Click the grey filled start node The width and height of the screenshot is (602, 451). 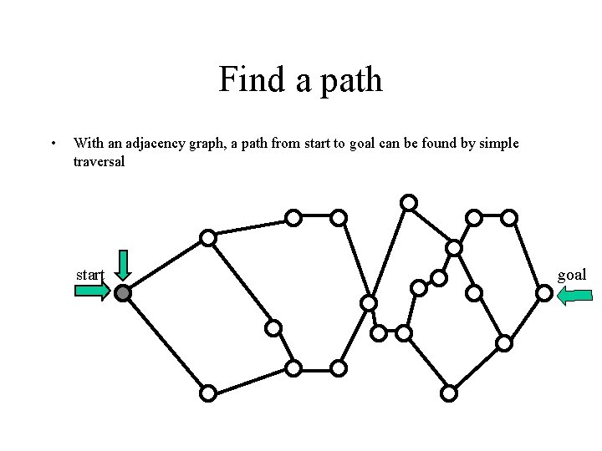click(123, 293)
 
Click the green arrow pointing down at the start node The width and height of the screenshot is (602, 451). click(123, 265)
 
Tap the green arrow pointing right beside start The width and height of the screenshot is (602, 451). click(92, 291)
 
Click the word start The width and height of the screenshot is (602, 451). click(89, 274)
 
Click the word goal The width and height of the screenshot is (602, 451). click(572, 274)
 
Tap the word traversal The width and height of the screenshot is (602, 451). click(99, 161)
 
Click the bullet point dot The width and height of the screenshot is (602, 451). click(54, 144)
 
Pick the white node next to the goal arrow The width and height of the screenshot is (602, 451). click(543, 293)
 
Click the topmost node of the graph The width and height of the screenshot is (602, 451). click(409, 202)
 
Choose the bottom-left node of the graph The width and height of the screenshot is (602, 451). click(208, 393)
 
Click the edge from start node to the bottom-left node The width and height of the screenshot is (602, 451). click(166, 343)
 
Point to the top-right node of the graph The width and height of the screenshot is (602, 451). click(509, 218)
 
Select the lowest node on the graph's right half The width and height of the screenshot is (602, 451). click(449, 393)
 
